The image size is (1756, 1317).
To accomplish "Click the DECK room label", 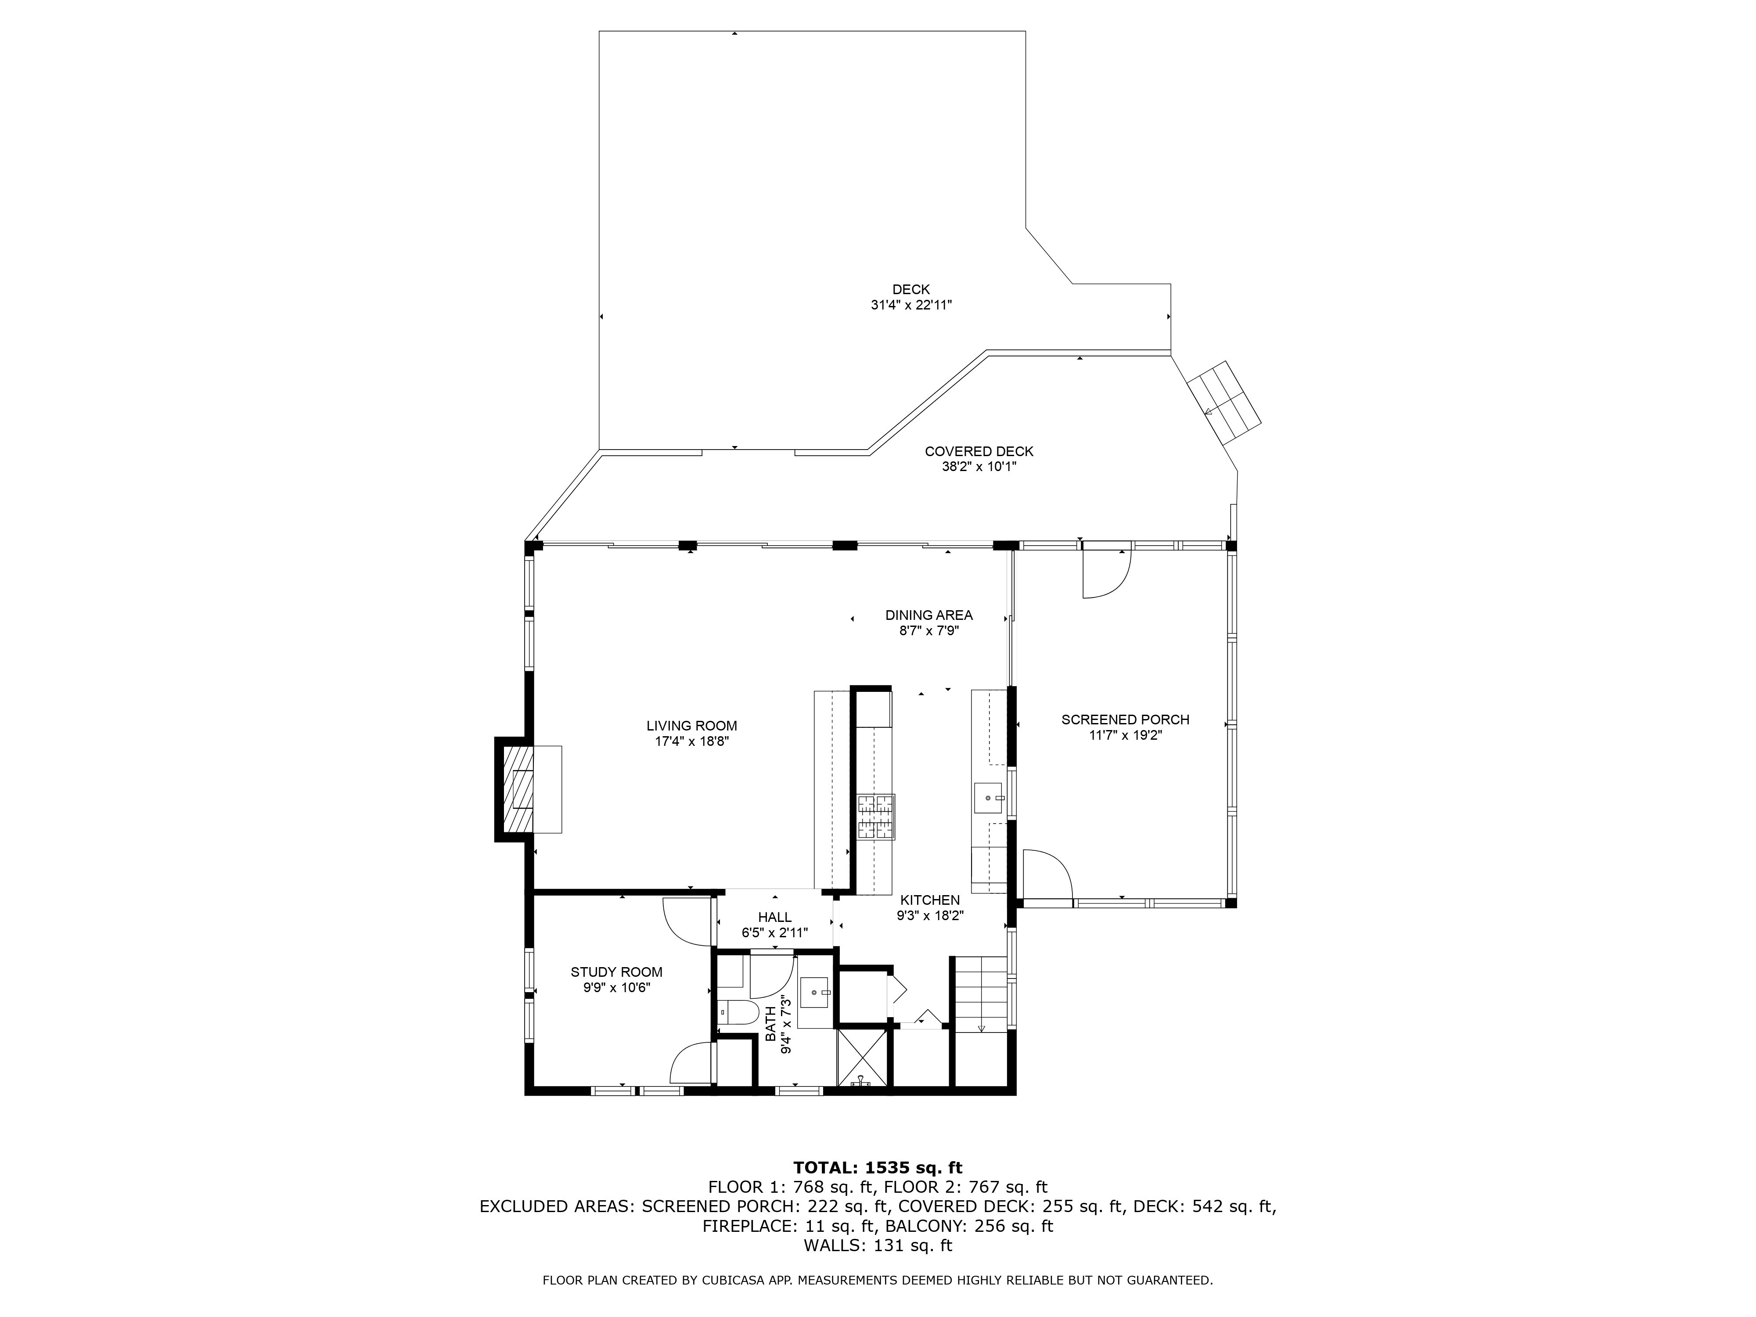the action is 910,290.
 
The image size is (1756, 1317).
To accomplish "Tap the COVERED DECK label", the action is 979,452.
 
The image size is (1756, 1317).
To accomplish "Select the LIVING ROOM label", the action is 691,726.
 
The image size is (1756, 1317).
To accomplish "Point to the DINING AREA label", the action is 929,615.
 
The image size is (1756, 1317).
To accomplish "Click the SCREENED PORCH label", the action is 1125,720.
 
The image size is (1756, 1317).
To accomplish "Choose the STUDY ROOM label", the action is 616,972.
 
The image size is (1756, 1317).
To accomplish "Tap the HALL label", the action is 774,918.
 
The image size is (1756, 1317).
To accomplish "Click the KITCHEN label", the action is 930,900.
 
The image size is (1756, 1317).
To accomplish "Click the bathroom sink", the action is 814,992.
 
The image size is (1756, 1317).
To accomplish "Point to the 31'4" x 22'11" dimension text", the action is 910,305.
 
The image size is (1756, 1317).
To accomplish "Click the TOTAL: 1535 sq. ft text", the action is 878,1168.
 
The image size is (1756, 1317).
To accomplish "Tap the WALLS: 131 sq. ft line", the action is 878,1245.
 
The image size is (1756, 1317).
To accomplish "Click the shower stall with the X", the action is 861,1058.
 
